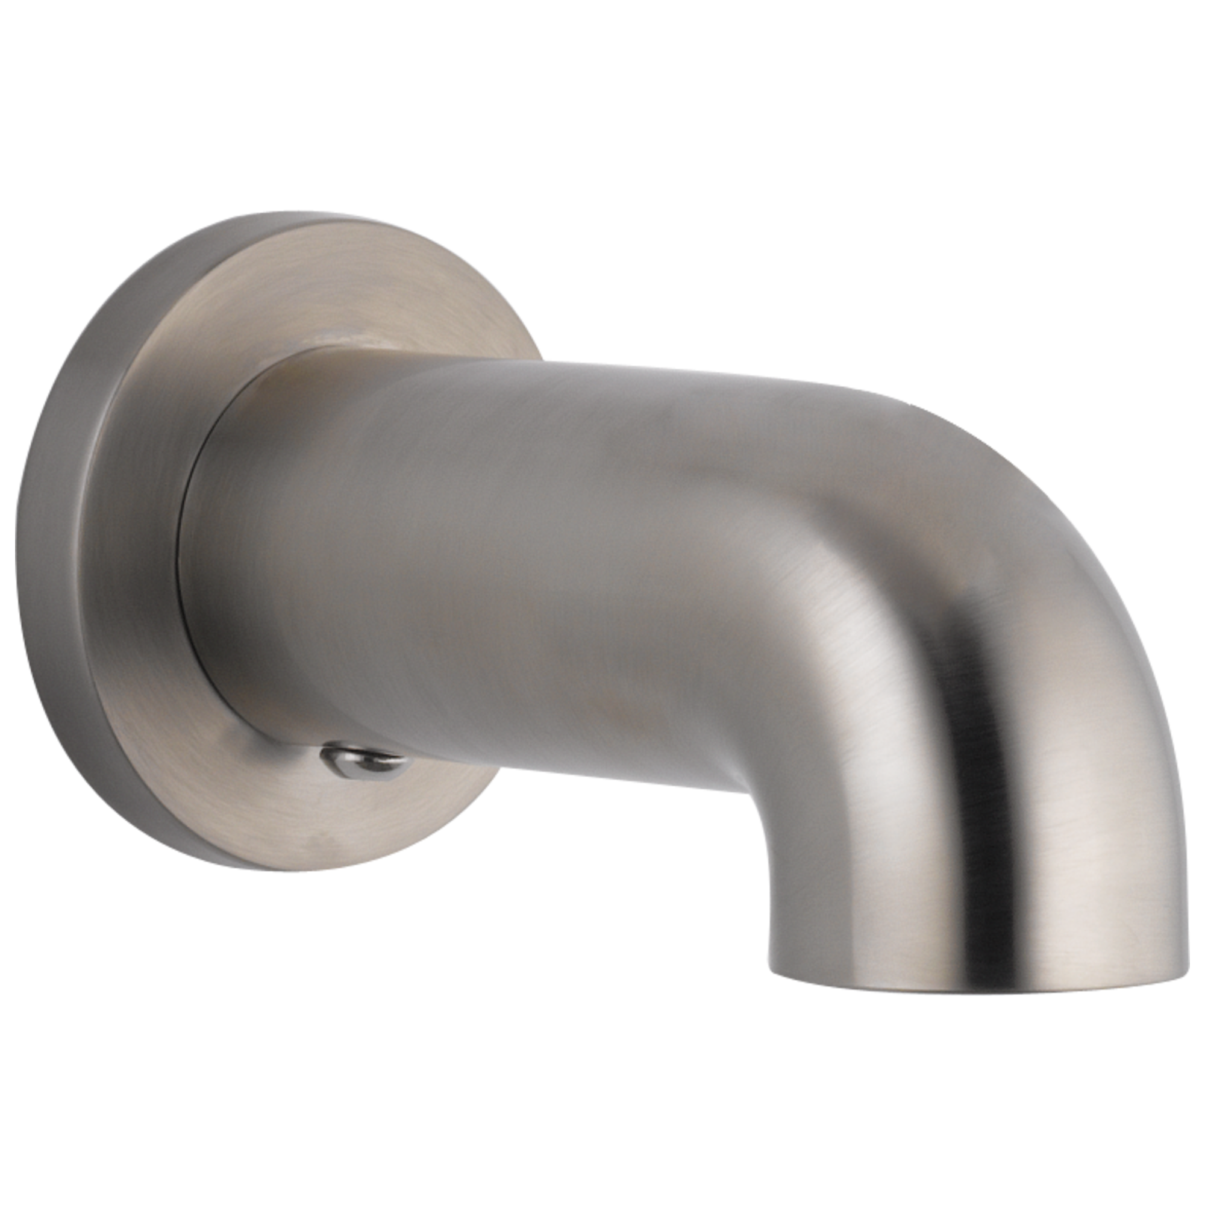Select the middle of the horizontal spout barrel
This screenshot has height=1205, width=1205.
click(499, 562)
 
